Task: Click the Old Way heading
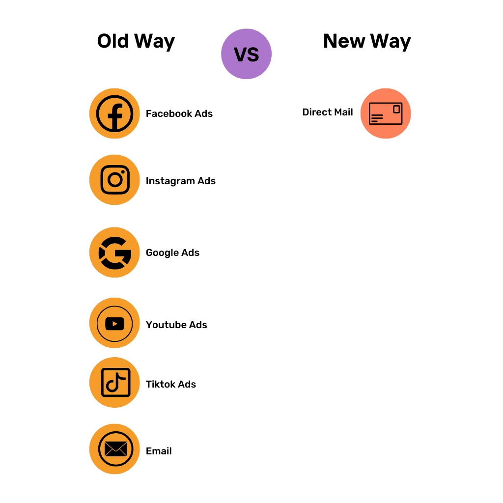136,41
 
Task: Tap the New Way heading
367,41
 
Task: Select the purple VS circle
246,54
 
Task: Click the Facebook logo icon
114,113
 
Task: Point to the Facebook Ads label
179,113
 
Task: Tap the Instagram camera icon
114,180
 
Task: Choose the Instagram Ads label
181,181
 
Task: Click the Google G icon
114,252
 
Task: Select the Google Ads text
172,252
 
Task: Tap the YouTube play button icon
114,324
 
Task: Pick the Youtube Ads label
176,325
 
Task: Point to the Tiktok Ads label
171,384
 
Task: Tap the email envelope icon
115,449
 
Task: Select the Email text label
159,451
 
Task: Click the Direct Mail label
328,112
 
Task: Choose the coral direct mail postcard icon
386,113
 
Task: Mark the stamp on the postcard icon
396,109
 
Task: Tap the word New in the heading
344,41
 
